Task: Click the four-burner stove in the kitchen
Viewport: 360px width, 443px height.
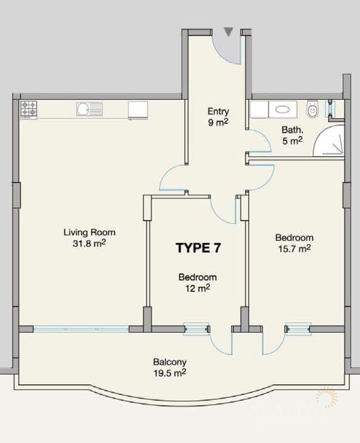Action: point(29,109)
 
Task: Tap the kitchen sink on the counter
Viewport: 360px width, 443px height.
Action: point(89,109)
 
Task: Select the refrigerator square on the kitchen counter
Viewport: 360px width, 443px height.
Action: point(138,110)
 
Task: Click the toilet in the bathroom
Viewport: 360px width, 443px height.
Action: point(313,108)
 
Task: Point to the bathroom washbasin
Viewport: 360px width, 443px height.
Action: point(283,109)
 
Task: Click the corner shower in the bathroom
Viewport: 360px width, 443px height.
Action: point(329,141)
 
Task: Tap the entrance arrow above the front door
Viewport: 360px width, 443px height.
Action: point(229,32)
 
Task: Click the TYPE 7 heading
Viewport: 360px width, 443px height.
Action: point(198,248)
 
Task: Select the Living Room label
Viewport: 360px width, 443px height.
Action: point(89,232)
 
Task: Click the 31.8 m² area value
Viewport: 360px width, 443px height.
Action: point(89,243)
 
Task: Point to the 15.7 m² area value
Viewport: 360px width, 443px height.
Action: point(294,248)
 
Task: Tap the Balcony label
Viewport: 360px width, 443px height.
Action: point(170,362)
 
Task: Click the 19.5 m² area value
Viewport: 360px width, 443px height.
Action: point(170,373)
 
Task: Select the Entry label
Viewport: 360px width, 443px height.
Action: point(218,111)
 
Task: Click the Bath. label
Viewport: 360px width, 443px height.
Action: point(292,130)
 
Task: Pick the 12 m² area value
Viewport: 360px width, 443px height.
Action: point(198,288)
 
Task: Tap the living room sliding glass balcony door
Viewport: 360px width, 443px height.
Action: point(81,329)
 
